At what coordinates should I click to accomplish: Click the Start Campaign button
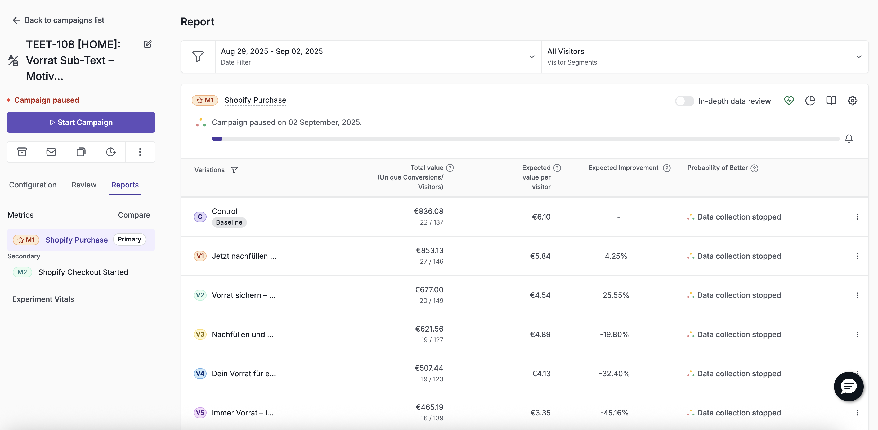[x=81, y=122]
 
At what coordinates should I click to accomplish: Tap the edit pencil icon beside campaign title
[x=147, y=44]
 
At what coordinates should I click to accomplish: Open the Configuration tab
[x=33, y=185]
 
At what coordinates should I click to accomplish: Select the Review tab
[x=84, y=185]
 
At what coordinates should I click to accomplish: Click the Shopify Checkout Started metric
[x=83, y=272]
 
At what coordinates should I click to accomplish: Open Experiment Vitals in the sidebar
[x=43, y=299]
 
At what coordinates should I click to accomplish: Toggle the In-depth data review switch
[x=684, y=101]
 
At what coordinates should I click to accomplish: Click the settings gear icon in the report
[x=852, y=101]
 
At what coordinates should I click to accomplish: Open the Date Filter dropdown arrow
[x=532, y=57]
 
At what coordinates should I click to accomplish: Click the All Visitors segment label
[x=566, y=51]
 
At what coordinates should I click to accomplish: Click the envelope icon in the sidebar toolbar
[x=51, y=152]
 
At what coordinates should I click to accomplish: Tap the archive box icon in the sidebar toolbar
[x=22, y=152]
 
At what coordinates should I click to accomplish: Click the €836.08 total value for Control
[x=428, y=211]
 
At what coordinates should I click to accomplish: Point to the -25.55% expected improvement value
[x=614, y=295]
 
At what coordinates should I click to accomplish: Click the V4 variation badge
[x=200, y=373]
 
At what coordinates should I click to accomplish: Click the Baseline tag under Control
[x=229, y=222]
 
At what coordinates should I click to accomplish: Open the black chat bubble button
[x=848, y=386]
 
